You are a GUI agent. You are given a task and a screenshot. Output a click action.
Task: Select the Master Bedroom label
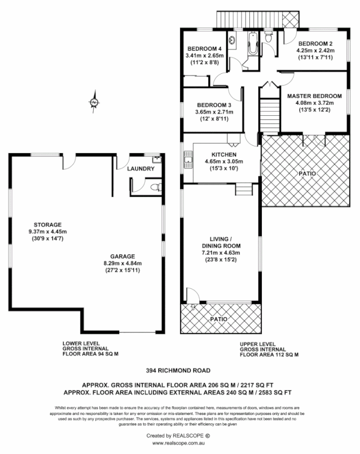click(314, 96)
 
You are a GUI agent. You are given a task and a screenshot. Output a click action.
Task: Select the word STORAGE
click(47, 224)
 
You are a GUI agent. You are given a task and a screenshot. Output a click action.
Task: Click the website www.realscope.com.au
click(179, 443)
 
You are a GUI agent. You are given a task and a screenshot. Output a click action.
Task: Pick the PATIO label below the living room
click(219, 320)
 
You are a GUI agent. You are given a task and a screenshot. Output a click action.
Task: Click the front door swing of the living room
click(192, 296)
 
